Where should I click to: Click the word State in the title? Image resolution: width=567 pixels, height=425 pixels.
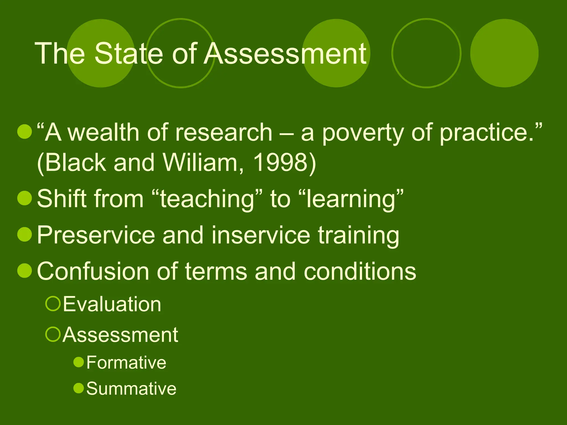[x=129, y=54]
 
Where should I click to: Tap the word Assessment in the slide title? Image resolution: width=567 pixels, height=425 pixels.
[x=285, y=54]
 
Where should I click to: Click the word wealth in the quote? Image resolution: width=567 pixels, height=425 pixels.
[x=104, y=133]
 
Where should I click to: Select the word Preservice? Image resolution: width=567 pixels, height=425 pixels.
[x=96, y=235]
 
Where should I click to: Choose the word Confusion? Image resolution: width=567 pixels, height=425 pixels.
[x=93, y=271]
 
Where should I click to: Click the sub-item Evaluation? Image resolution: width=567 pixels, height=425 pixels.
[x=112, y=304]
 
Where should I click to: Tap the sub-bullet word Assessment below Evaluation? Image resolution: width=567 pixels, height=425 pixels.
[x=120, y=335]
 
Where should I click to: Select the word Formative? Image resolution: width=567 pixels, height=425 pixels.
[x=126, y=362]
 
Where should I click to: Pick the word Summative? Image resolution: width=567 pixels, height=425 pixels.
[x=131, y=388]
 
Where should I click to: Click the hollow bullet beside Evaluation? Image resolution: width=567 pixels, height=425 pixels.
[x=53, y=304]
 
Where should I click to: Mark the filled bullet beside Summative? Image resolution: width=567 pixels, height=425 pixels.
[x=79, y=388]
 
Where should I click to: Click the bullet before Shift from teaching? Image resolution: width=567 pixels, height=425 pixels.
[x=25, y=198]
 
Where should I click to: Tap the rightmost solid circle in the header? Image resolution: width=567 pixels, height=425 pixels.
[x=504, y=53]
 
